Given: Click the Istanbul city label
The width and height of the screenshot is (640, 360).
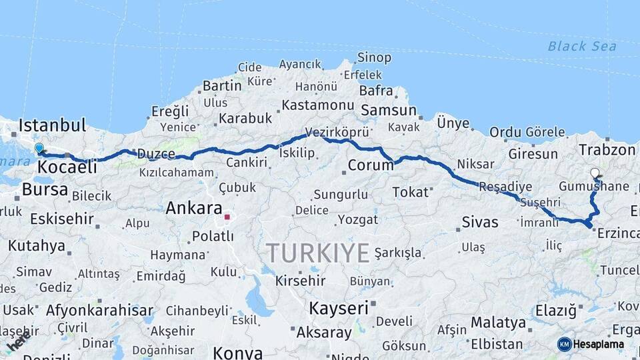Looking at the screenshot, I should (x=53, y=125).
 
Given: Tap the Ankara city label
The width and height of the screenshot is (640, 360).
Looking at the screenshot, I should (x=193, y=208).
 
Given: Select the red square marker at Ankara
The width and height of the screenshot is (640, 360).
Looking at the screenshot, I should (x=227, y=217).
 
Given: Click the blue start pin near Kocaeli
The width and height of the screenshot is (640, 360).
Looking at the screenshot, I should (x=39, y=148).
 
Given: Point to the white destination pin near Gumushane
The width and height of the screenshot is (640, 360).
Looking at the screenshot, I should (x=595, y=173).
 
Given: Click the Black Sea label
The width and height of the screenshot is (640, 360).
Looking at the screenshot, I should (x=581, y=46).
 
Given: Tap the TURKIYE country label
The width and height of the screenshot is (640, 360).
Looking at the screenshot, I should (x=318, y=253).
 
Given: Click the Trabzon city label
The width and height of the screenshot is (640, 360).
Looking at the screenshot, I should (x=607, y=150).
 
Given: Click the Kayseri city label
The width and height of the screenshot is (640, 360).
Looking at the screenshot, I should (x=339, y=308).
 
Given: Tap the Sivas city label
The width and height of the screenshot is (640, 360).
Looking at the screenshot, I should (x=479, y=222).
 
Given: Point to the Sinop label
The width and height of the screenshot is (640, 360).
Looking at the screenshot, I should (x=374, y=57).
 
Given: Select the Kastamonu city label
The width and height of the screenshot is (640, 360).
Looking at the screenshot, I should (x=317, y=105).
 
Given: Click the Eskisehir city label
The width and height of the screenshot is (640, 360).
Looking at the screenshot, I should (x=63, y=219).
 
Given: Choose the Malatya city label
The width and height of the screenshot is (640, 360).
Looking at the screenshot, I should (x=498, y=323).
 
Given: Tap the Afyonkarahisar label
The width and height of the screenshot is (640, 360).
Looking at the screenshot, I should (x=99, y=310).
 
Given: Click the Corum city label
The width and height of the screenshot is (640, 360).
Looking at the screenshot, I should (x=371, y=165).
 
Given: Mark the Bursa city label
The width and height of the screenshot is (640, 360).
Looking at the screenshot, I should (x=45, y=190).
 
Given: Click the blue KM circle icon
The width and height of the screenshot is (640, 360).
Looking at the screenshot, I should (x=564, y=344).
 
